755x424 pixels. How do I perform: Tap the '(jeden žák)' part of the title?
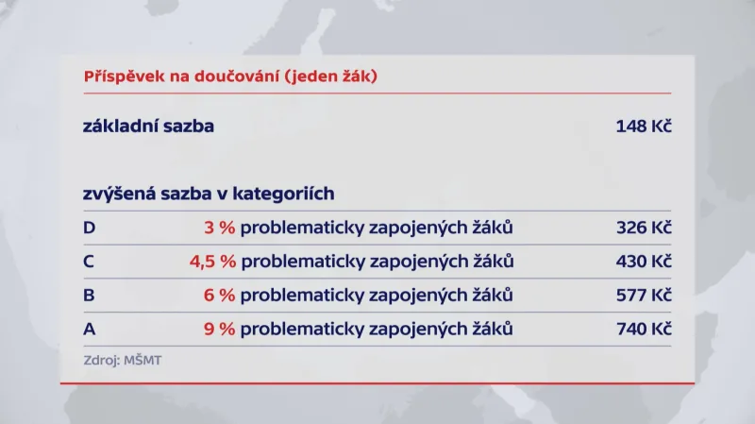[333, 76]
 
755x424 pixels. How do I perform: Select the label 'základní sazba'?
[148, 126]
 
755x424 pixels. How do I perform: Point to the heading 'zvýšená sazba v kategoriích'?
[209, 194]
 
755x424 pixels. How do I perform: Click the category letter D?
[90, 228]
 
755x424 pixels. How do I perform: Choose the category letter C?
[90, 262]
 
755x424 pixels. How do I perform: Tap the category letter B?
[90, 296]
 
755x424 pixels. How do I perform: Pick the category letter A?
[90, 330]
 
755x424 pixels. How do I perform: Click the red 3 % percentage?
[219, 228]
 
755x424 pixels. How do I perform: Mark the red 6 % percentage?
[219, 296]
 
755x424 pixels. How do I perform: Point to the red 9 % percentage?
[219, 330]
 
